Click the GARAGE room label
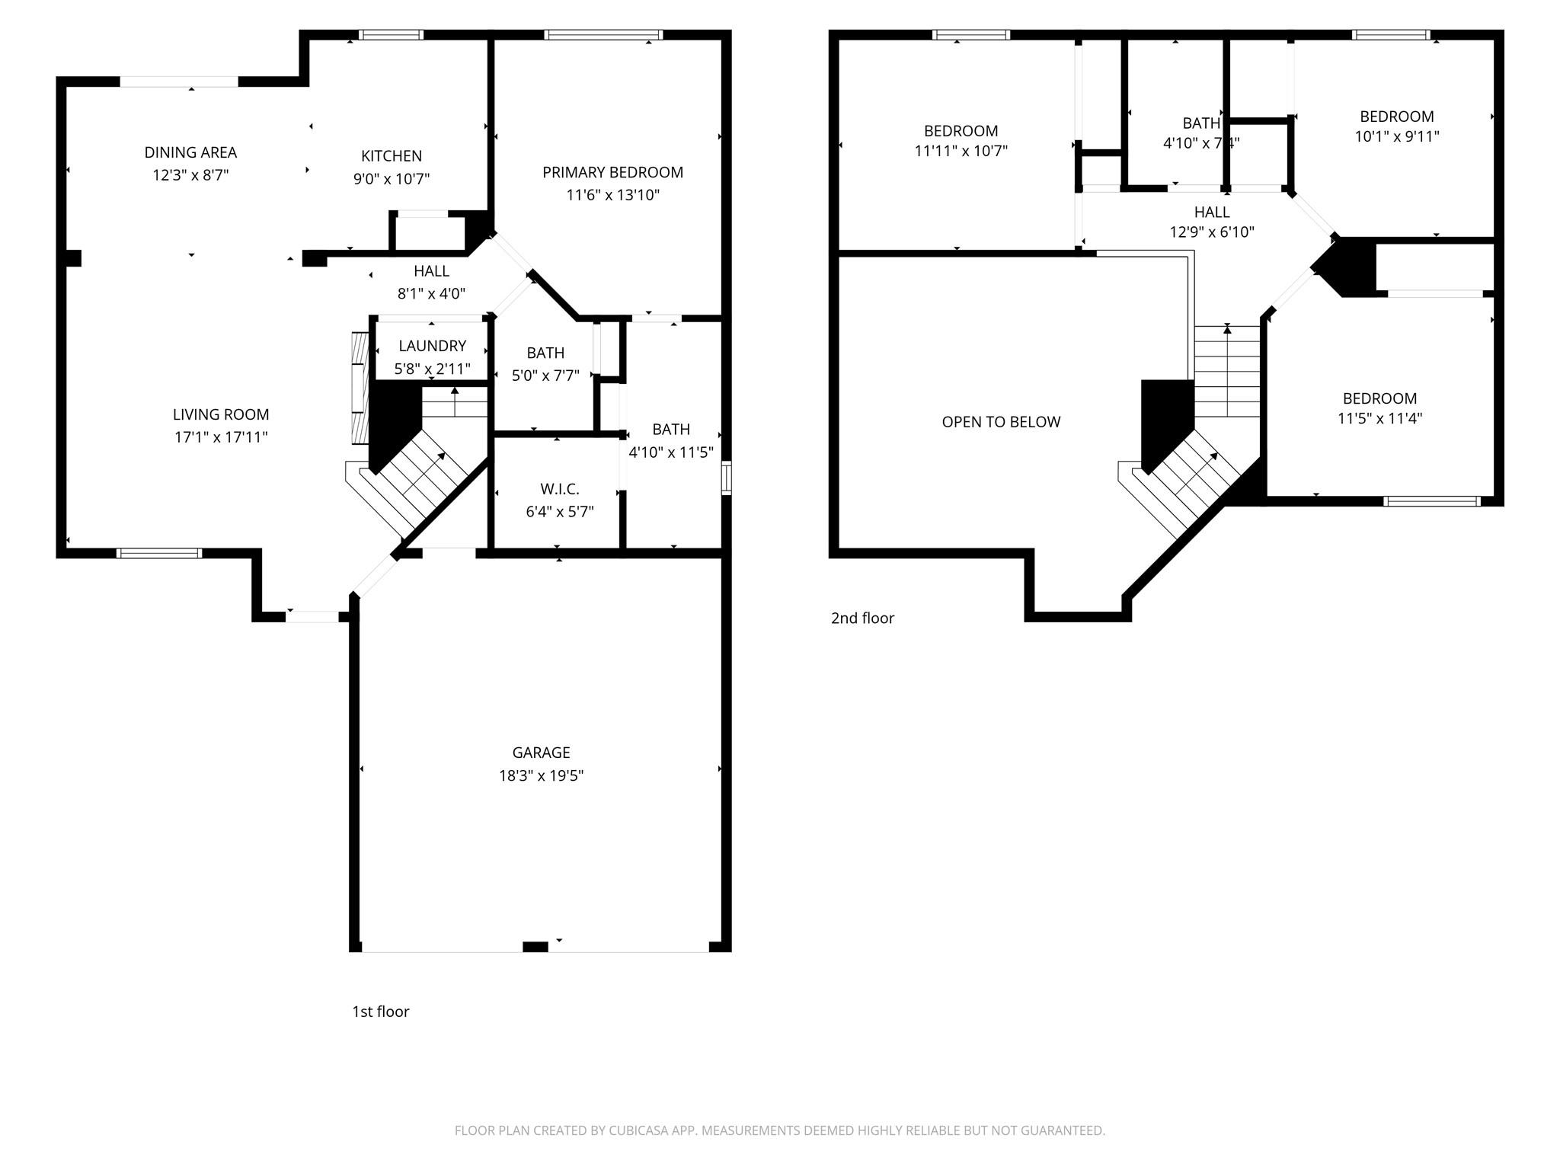541,753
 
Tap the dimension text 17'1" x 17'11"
221,437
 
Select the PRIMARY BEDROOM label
612,172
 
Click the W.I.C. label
560,489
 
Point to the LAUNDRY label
432,346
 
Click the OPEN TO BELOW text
1001,422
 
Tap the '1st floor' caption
380,1012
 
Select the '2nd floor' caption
862,618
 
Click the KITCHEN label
391,156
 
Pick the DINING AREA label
190,152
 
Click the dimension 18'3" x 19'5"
541,775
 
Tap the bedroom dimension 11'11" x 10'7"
961,151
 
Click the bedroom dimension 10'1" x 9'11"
1396,136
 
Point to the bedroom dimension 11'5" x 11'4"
1379,418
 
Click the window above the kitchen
391,35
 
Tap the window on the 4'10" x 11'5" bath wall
726,478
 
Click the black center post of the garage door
535,947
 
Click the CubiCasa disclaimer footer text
779,1130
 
